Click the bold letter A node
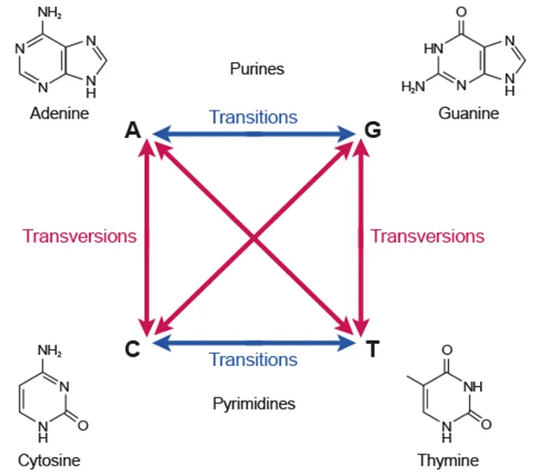(x=132, y=130)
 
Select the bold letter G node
(x=372, y=131)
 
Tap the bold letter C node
(x=132, y=348)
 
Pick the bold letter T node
(x=372, y=348)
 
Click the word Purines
(x=256, y=67)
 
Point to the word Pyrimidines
(x=254, y=403)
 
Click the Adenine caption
(x=59, y=114)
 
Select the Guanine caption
(x=469, y=114)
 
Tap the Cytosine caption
(x=48, y=460)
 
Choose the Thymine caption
(x=447, y=460)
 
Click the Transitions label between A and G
(x=254, y=117)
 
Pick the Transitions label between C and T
(x=254, y=360)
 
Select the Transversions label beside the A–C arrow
(x=79, y=236)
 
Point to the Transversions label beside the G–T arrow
(x=427, y=236)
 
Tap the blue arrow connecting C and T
(x=254, y=344)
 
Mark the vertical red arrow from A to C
(x=147, y=236)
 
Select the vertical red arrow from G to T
(x=359, y=236)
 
